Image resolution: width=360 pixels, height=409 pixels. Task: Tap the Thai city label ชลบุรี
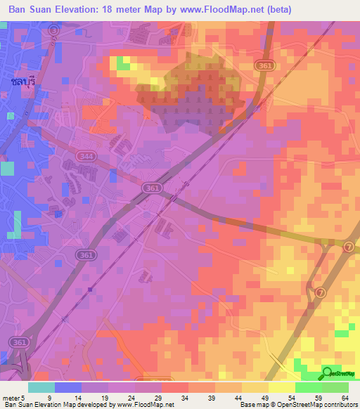point(23,82)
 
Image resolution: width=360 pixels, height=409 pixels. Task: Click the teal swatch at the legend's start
point(41,387)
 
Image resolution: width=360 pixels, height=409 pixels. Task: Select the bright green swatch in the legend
point(309,387)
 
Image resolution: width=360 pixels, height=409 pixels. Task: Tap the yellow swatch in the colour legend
point(255,387)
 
